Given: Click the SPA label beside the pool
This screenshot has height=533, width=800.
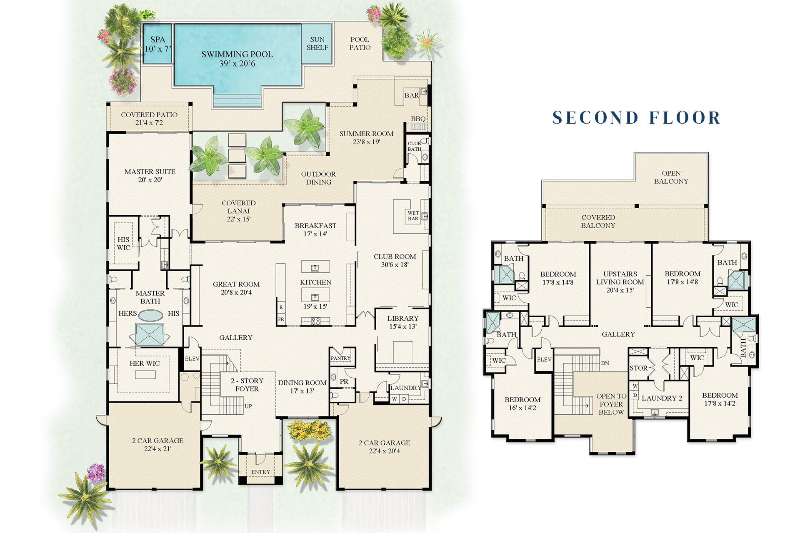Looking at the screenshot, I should coord(157,44).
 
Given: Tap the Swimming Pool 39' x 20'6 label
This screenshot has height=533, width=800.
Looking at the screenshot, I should coord(237,59).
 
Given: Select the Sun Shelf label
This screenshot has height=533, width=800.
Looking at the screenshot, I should coord(317,44).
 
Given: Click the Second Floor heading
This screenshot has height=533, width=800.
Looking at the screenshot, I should coord(636,118).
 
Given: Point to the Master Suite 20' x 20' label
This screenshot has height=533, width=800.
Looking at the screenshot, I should coord(150,175).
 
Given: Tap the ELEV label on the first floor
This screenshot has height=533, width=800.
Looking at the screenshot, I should coord(192,359).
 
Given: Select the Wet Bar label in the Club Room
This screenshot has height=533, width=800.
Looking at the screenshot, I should coord(413,216).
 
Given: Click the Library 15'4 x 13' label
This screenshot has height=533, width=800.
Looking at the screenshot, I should coord(402,323).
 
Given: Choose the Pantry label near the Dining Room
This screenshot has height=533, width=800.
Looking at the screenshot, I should coord(340,358).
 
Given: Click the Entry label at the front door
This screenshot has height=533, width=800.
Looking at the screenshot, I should coord(260,472).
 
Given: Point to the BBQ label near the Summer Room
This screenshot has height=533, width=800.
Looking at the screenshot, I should coord(418,119).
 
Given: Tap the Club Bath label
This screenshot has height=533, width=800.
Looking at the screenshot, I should coord(414,146).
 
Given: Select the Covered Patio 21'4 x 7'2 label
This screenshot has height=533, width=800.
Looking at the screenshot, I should coord(149,119).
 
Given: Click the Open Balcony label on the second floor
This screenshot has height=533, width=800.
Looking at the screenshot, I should coord(671,177).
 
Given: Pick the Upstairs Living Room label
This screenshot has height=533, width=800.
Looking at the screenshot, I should coord(620,282).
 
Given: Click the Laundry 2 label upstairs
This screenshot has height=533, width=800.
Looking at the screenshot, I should coord(662,398).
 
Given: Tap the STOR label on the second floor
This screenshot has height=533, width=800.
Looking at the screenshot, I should coord(638,368).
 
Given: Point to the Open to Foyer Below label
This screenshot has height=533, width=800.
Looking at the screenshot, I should coord(611,404).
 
